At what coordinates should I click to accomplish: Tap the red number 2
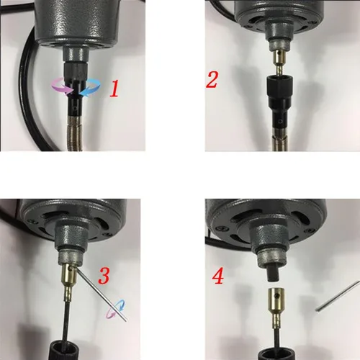click(x=212, y=78)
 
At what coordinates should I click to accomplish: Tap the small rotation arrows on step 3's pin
click(x=114, y=310)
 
